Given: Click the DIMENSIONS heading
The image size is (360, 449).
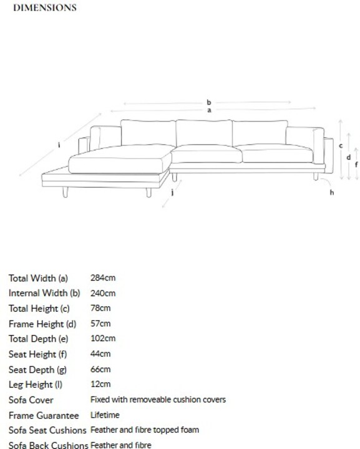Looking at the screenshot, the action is (45, 7).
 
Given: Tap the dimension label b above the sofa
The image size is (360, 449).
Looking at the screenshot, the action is (209, 102).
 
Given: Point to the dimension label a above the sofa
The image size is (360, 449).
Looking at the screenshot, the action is (210, 110).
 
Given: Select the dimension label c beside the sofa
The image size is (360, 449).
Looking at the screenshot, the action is (341, 146).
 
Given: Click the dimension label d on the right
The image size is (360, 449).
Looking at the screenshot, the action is (349, 157).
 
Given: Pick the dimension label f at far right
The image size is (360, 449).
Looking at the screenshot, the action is (356, 165).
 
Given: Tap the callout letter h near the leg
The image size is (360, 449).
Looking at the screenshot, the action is (332, 192).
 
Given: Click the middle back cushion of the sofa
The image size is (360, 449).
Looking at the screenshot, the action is (204, 133).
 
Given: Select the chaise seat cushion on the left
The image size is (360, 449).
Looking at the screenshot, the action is (120, 159).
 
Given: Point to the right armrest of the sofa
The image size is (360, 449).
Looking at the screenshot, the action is (319, 146).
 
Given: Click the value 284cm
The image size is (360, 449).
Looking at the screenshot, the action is (103, 278).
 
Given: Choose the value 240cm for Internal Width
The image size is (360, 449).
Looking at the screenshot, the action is (103, 293).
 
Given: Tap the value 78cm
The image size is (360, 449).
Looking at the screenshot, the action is (100, 308).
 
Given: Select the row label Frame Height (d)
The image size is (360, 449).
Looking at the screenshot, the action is (42, 324).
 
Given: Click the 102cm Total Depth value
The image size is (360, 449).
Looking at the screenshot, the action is (103, 339).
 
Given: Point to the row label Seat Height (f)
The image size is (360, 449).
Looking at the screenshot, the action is (37, 354).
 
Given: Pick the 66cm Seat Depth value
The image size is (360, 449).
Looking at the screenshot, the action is (100, 369).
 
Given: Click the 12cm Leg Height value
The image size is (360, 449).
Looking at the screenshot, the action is (100, 384).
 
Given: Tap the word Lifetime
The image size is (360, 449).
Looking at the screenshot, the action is (105, 415).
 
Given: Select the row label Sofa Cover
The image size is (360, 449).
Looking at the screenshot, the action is (31, 400).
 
